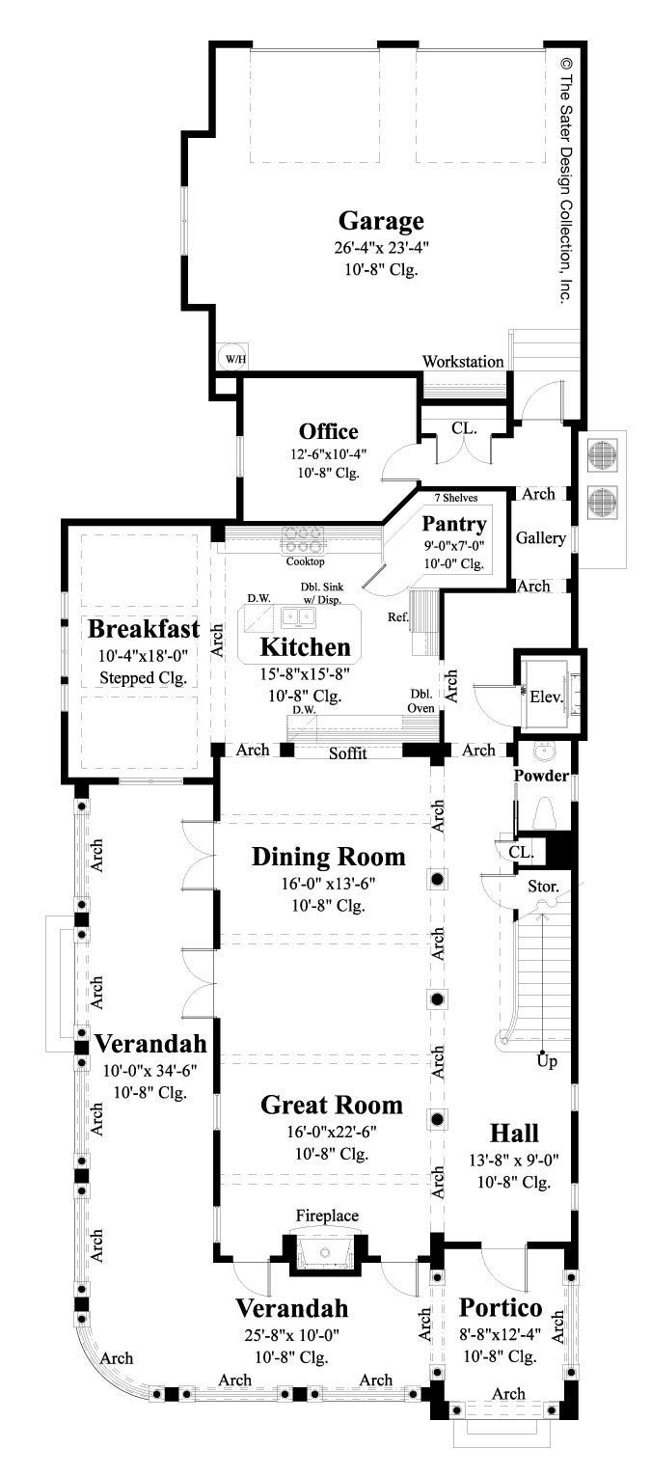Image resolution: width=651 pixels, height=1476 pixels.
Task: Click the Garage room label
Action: [x=381, y=221]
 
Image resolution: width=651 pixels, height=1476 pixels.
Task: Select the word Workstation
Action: [x=463, y=362]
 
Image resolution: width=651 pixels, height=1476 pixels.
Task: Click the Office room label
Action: [x=328, y=431]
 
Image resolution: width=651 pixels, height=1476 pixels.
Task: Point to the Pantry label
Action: [x=454, y=525]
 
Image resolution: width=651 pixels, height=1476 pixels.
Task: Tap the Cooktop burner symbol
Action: [x=304, y=537]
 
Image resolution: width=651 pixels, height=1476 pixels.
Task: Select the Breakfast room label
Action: [x=144, y=629]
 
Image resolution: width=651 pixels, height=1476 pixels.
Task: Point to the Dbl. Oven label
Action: [x=420, y=700]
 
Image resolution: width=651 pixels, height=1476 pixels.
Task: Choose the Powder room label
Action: [x=541, y=776]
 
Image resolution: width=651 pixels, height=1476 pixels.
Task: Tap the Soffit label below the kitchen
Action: [x=347, y=753]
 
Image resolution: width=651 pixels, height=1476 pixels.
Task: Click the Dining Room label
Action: [x=328, y=857]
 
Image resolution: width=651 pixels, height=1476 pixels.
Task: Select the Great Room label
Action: [x=332, y=1105]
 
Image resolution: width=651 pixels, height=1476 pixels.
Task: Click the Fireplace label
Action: [x=328, y=1216]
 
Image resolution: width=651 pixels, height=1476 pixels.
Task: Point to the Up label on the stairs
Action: [x=546, y=1062]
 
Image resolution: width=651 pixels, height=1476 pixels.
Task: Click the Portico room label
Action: [x=500, y=1308]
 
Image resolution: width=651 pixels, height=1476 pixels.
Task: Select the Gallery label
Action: [x=540, y=538]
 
